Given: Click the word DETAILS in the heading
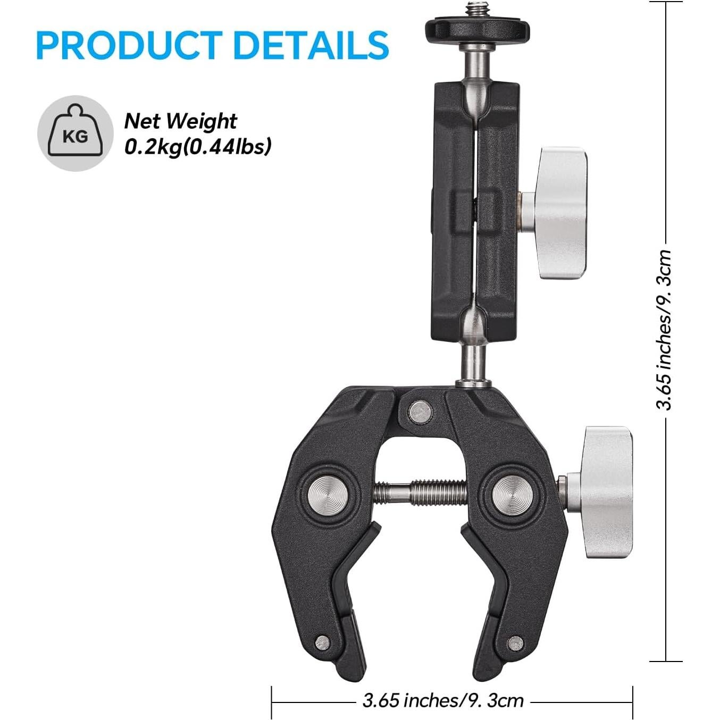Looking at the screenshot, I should point(311,45).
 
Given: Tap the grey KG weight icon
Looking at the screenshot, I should point(76,133).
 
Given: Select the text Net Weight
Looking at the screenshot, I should point(180,121).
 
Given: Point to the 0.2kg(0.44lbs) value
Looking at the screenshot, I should point(198,146).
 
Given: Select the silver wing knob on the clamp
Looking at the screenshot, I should point(606,491).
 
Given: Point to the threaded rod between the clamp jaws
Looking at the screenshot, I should point(420,491).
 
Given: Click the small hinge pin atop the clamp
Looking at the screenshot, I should point(420,411).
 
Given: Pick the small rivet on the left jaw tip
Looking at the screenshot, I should point(322,642).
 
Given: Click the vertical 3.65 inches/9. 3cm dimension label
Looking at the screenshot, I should point(665,330).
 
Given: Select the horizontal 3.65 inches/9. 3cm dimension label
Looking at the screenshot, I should point(443,700).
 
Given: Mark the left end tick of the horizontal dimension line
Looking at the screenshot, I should point(272,702).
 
